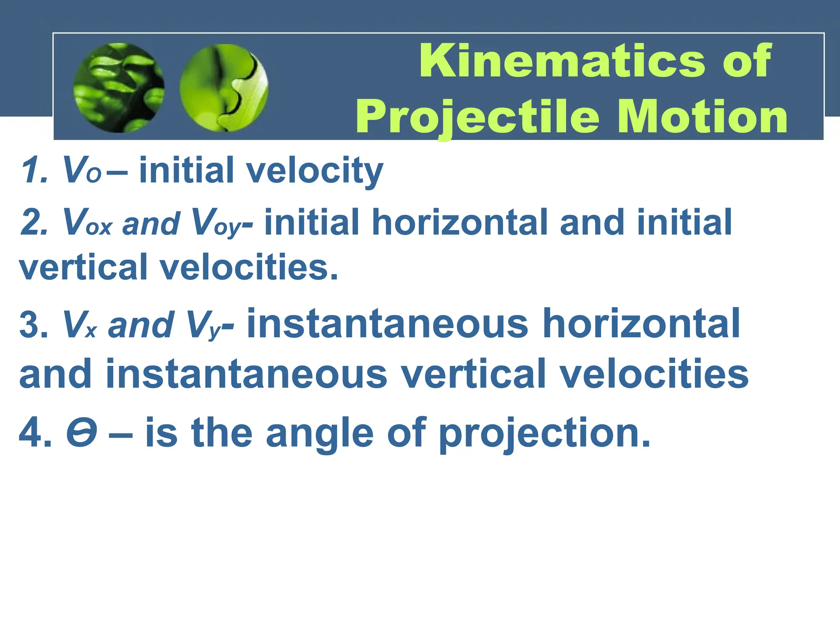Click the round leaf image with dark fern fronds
[119, 88]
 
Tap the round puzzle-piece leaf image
[224, 88]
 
